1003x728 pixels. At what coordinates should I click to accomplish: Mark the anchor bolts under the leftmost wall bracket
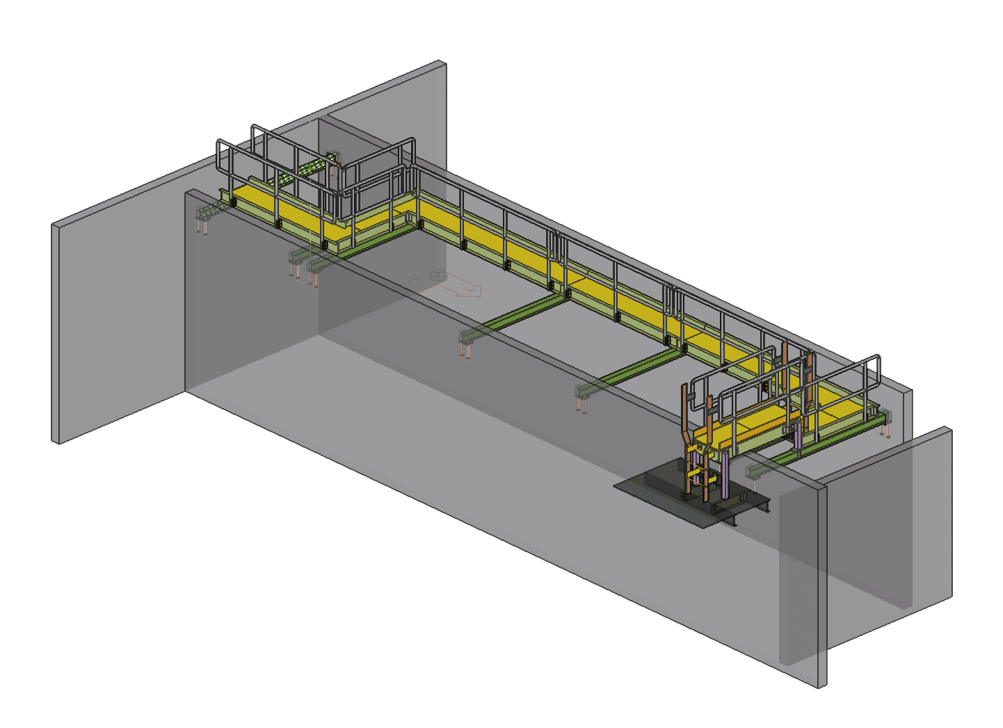click(203, 226)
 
